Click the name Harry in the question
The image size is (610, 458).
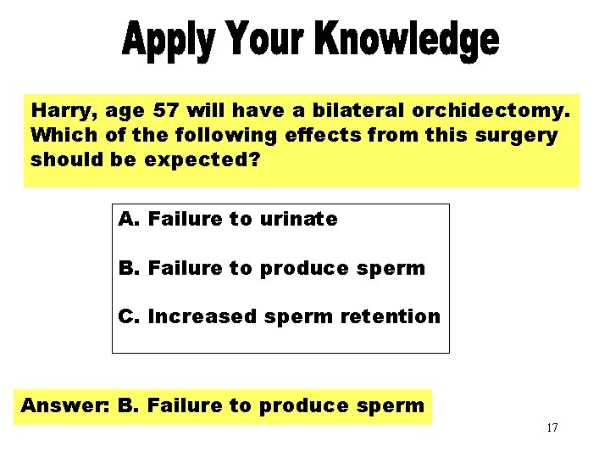tap(60, 111)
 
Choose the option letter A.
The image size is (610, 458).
tap(129, 220)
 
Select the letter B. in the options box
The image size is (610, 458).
tap(129, 268)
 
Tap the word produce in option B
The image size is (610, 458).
tap(304, 269)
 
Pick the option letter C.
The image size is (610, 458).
tap(129, 316)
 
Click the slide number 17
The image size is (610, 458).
tap(552, 427)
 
